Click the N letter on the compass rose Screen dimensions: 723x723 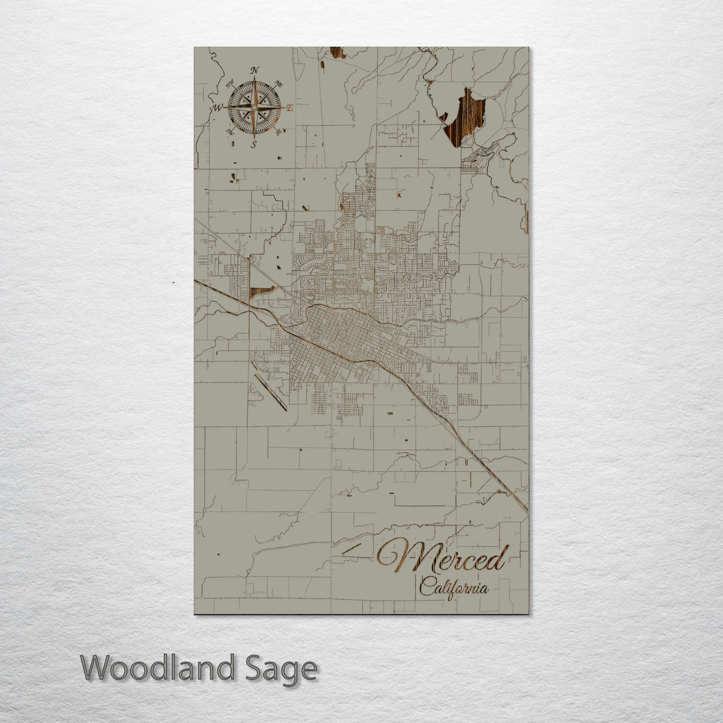(254, 70)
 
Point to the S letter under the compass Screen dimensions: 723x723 (254, 144)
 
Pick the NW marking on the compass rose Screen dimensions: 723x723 (230, 84)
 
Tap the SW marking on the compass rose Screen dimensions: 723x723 (230, 132)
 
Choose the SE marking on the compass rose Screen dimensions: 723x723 (278, 131)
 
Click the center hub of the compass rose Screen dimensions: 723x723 (254, 106)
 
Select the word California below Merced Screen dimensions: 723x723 (453, 588)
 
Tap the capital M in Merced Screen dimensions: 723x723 (402, 556)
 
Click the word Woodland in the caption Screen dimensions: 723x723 (158, 668)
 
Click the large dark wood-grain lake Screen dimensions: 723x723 (465, 117)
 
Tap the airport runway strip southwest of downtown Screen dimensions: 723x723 (270, 392)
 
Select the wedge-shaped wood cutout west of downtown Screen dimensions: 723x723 (260, 292)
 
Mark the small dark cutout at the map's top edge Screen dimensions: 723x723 (337, 52)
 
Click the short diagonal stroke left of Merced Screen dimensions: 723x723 (352, 549)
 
